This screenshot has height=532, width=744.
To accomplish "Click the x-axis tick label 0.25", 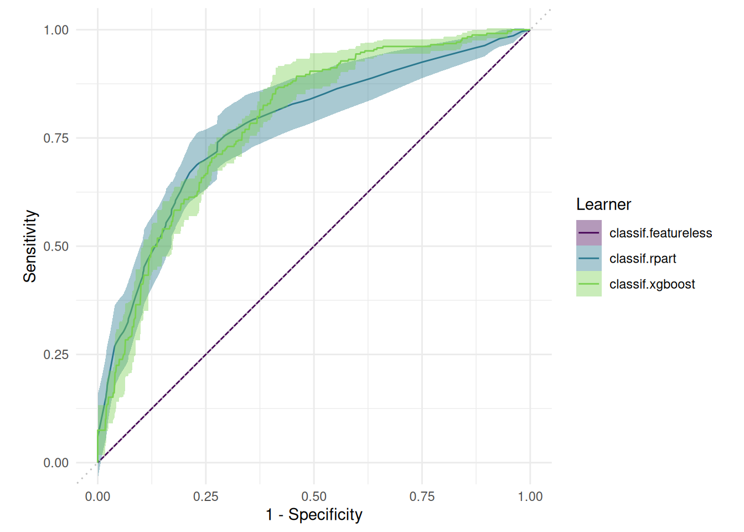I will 205,497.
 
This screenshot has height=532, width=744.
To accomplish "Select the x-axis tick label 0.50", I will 314,497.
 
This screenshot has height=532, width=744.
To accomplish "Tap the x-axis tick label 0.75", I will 422,497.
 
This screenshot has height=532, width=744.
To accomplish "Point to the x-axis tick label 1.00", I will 530,497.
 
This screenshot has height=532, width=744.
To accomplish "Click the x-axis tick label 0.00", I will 97,497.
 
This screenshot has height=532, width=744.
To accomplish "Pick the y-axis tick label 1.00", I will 56,30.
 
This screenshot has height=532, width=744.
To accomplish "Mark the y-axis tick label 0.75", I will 56,138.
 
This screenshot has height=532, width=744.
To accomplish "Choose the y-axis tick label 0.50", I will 56,246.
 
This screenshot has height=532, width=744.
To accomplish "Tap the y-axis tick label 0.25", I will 56,355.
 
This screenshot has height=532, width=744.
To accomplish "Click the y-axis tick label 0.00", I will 56,463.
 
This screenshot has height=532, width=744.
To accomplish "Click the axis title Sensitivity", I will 30,246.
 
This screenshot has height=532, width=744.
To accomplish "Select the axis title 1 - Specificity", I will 314,515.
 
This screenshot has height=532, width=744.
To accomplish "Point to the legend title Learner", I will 603,204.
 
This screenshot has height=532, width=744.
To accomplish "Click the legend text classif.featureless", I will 660,233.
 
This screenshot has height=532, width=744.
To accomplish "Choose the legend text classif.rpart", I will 643,259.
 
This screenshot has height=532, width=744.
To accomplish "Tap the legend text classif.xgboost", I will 652,284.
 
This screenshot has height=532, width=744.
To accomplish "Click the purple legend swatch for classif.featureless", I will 588,233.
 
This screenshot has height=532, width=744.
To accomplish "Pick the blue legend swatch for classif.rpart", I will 588,259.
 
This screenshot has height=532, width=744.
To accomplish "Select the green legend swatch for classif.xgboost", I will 588,284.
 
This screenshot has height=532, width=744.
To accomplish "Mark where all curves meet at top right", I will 530,30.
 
